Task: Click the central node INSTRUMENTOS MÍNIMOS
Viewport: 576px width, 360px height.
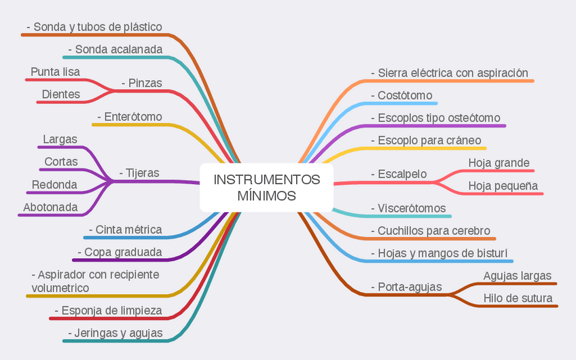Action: (x=266, y=187)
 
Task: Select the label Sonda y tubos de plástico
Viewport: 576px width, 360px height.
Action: (x=94, y=27)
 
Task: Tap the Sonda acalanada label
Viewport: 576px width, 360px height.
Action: (x=115, y=50)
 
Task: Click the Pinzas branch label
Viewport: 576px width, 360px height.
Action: (x=142, y=83)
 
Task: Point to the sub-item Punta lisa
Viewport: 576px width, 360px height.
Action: (x=55, y=72)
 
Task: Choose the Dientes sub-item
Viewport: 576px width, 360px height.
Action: (x=61, y=94)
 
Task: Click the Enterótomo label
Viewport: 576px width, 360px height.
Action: (x=130, y=117)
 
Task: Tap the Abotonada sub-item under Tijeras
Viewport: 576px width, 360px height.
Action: (x=50, y=207)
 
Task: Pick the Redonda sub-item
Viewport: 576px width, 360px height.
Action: (x=54, y=185)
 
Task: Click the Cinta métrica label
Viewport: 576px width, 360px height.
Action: (x=125, y=230)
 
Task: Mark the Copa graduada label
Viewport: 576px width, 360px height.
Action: (x=120, y=253)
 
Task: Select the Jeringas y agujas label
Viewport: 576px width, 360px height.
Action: (x=115, y=333)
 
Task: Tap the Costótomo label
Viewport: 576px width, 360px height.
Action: (x=401, y=96)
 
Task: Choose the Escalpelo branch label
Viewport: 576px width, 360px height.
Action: (x=399, y=174)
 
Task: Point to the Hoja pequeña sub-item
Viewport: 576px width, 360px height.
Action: (x=503, y=185)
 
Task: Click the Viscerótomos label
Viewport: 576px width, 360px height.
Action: (x=408, y=208)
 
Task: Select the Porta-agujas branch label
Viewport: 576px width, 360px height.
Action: (x=406, y=287)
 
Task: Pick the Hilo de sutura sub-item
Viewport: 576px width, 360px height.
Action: (x=518, y=298)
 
